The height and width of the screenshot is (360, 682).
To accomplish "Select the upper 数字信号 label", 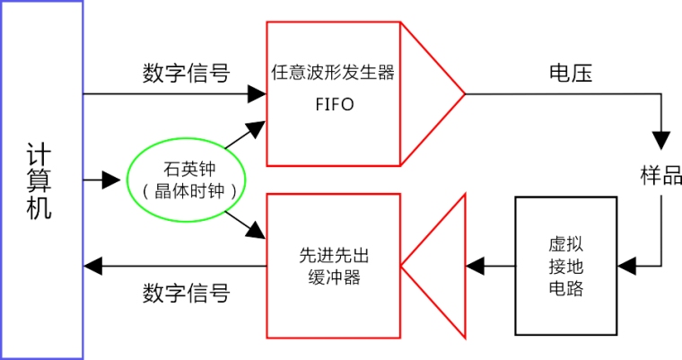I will pyautogui.click(x=186, y=74).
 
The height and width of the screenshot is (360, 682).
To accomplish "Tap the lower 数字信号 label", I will pyautogui.click(x=186, y=293).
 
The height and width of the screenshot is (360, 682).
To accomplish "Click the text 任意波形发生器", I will pyautogui.click(x=333, y=73).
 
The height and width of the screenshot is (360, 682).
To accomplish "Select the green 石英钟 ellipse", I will pyautogui.click(x=189, y=179).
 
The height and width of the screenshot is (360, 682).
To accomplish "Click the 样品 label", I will pyautogui.click(x=660, y=176).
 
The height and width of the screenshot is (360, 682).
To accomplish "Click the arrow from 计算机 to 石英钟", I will pyautogui.click(x=103, y=180).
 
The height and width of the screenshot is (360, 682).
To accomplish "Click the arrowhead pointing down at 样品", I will pyautogui.click(x=661, y=140).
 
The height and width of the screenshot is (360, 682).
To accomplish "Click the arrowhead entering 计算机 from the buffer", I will pyautogui.click(x=92, y=266).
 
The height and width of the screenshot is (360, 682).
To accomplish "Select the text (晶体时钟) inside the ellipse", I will pyautogui.click(x=189, y=191).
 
